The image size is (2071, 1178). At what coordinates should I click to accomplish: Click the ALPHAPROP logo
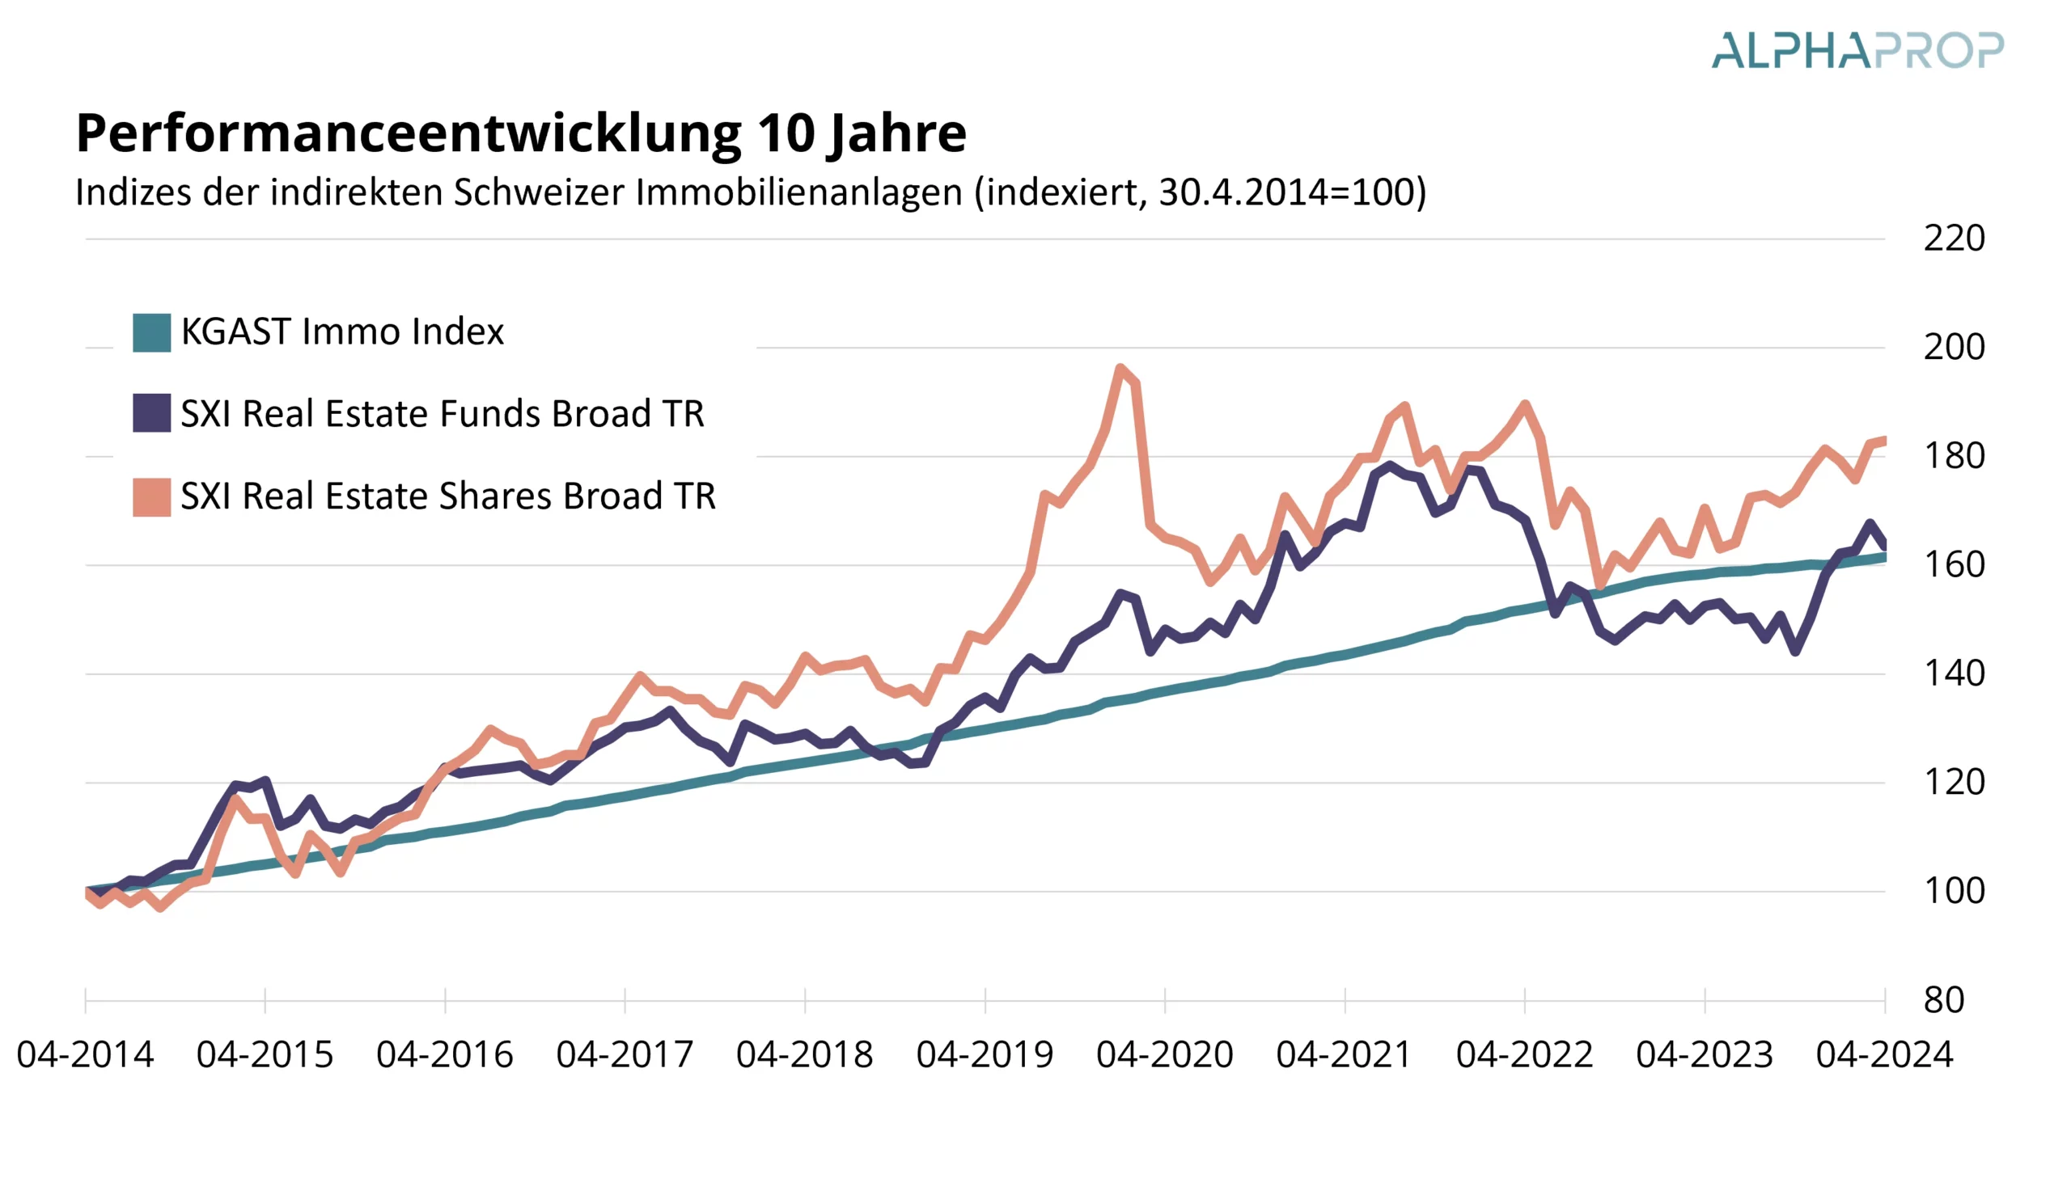point(1857,50)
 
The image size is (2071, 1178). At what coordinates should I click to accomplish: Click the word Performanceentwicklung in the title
point(408,133)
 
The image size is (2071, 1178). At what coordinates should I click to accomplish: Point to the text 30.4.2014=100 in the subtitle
point(1286,192)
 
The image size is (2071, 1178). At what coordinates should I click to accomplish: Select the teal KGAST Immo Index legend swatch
point(151,332)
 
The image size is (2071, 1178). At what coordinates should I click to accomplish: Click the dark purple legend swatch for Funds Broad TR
point(151,413)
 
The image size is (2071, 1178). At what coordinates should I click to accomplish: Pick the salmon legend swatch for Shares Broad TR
point(151,496)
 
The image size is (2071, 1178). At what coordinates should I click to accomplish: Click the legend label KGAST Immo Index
point(341,331)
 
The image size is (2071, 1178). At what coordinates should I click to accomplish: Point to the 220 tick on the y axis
point(1954,239)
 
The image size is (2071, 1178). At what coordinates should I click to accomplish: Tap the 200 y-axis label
point(1954,347)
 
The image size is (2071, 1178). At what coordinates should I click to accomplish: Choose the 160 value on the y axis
point(1954,564)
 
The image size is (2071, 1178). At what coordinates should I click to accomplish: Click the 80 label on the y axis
point(1944,1000)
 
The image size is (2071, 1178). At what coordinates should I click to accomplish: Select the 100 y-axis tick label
point(1954,891)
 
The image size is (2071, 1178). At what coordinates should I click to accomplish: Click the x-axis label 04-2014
point(85,1054)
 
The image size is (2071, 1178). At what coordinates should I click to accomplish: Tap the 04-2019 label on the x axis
point(984,1054)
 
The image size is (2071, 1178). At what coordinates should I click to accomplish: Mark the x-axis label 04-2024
point(1884,1054)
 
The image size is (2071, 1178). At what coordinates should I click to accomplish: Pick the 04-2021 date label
point(1345,1054)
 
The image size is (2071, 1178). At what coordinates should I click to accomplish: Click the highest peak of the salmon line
point(1121,369)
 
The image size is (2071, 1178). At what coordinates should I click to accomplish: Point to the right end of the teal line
point(1884,557)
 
